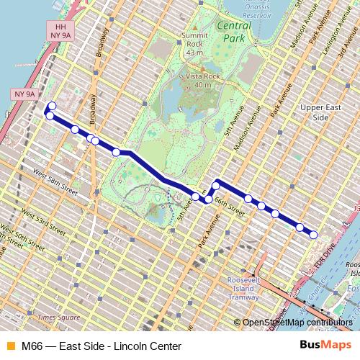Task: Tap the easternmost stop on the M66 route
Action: coord(314,234)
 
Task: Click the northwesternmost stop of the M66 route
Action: coord(51,107)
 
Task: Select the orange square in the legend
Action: coord(9,346)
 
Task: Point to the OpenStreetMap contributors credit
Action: coord(298,323)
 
